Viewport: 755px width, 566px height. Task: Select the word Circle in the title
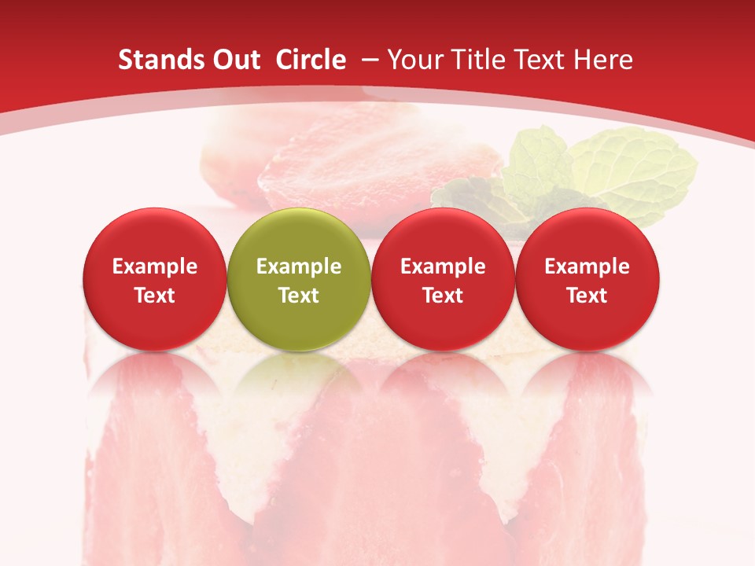point(311,61)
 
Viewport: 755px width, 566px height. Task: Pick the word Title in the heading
point(481,61)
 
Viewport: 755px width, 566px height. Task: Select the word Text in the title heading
point(542,61)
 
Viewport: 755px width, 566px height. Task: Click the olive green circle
point(298,236)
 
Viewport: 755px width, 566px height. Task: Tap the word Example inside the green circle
point(299,267)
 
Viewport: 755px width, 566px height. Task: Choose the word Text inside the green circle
point(299,296)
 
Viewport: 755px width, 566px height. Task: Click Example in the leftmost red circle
point(155,267)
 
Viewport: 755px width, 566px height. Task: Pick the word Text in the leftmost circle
point(155,296)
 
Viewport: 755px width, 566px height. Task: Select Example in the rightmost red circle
point(587,267)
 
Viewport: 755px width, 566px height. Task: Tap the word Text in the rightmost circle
point(587,296)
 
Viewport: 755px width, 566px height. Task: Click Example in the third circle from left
point(443,267)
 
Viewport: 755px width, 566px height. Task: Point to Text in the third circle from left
point(443,296)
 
